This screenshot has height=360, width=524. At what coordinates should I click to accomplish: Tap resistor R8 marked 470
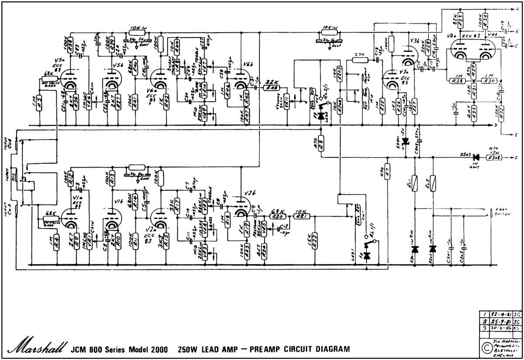coord(321,142)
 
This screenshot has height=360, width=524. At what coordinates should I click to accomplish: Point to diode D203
coord(476,157)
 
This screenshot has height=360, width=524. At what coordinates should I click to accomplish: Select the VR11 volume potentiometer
coord(287,103)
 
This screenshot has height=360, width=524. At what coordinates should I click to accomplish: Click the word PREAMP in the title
coord(267,349)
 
